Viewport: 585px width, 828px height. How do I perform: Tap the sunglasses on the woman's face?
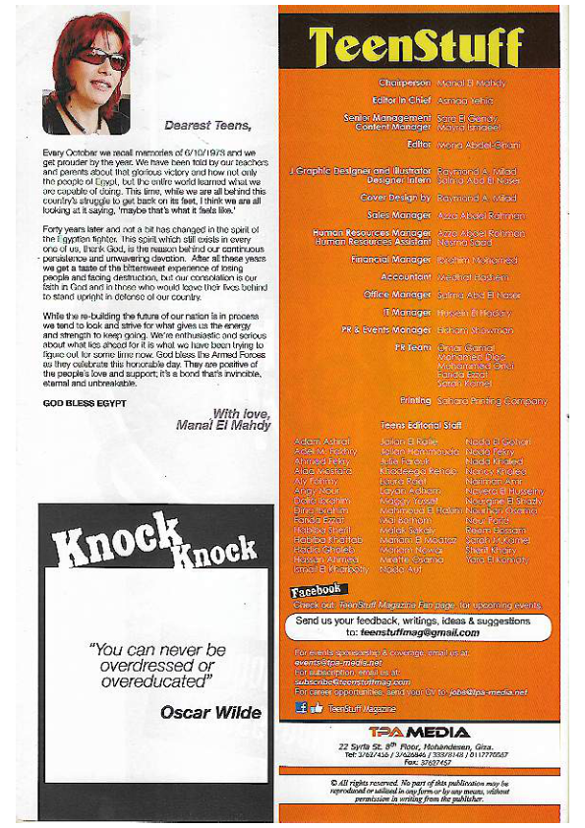tap(99, 57)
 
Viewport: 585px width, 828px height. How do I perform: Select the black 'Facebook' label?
tap(316, 590)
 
